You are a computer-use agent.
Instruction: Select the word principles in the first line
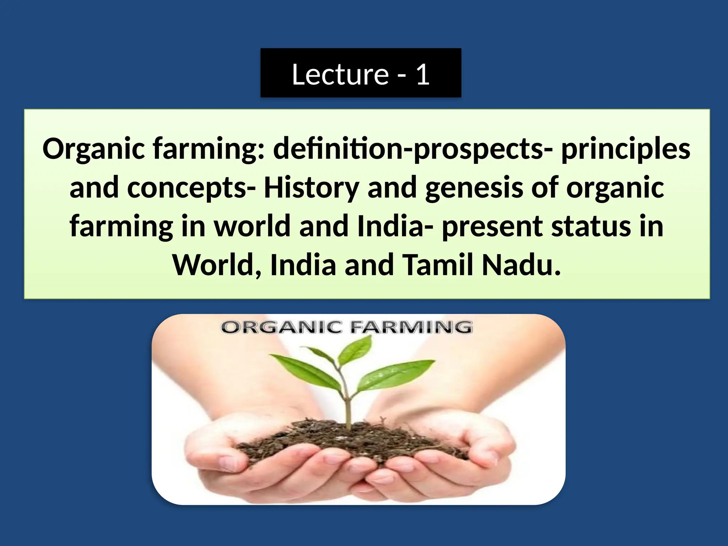tap(626, 149)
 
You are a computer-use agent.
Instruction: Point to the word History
tap(311, 188)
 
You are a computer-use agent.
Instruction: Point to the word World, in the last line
tap(217, 265)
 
